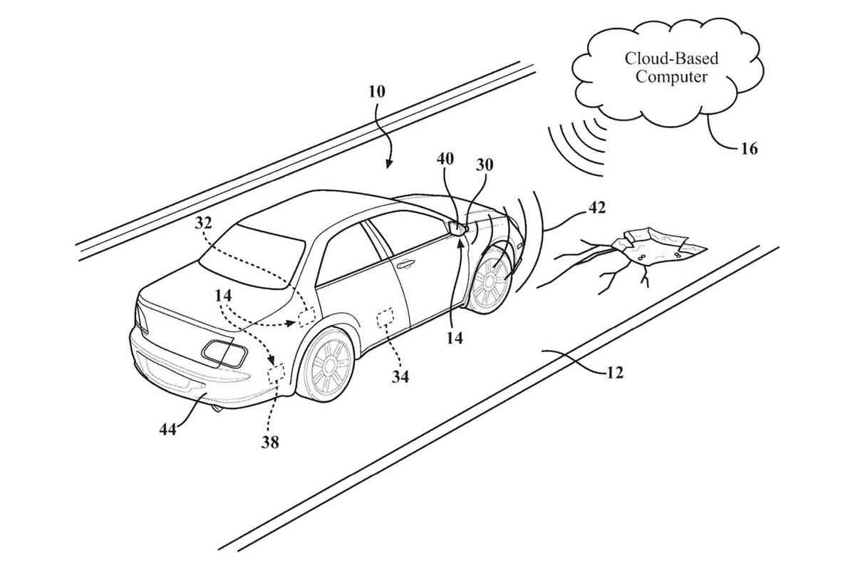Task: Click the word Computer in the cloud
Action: pyautogui.click(x=671, y=78)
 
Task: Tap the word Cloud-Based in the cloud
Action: pyautogui.click(x=671, y=58)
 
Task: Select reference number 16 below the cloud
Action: pyautogui.click(x=750, y=149)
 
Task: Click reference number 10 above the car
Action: pyautogui.click(x=377, y=92)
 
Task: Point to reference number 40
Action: pyautogui.click(x=445, y=159)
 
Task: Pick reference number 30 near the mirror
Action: pyautogui.click(x=484, y=165)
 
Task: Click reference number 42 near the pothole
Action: pyautogui.click(x=597, y=207)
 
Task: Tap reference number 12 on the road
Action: pyautogui.click(x=615, y=372)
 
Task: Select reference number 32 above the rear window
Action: pyautogui.click(x=204, y=223)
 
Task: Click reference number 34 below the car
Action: pyautogui.click(x=400, y=377)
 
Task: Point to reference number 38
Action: pyautogui.click(x=270, y=442)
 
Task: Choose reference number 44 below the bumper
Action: pyautogui.click(x=168, y=430)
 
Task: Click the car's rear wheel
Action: pyautogui.click(x=326, y=366)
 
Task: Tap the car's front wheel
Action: pyautogui.click(x=489, y=281)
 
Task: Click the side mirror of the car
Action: pyautogui.click(x=457, y=227)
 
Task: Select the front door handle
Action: pyautogui.click(x=405, y=264)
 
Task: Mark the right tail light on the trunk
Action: pyautogui.click(x=224, y=354)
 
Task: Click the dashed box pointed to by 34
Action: pyautogui.click(x=385, y=318)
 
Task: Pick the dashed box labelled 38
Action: pyautogui.click(x=276, y=373)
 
